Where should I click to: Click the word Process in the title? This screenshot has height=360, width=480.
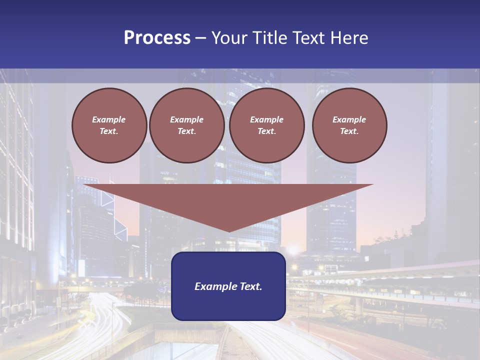tap(157, 38)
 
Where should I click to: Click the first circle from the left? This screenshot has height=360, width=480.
tap(109, 125)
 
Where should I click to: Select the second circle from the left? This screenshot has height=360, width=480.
tap(187, 125)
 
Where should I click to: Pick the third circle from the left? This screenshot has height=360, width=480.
tap(267, 125)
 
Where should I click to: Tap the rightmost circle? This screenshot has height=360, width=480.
tap(349, 125)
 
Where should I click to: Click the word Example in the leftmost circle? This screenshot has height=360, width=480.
tap(109, 120)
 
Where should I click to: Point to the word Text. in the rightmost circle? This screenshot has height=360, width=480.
tap(349, 131)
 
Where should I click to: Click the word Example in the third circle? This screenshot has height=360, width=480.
tap(267, 120)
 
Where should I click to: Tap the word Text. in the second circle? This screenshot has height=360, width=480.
tap(187, 131)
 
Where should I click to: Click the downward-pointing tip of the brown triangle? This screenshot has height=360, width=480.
tap(229, 230)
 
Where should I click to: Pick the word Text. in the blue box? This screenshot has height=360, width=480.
tap(250, 286)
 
